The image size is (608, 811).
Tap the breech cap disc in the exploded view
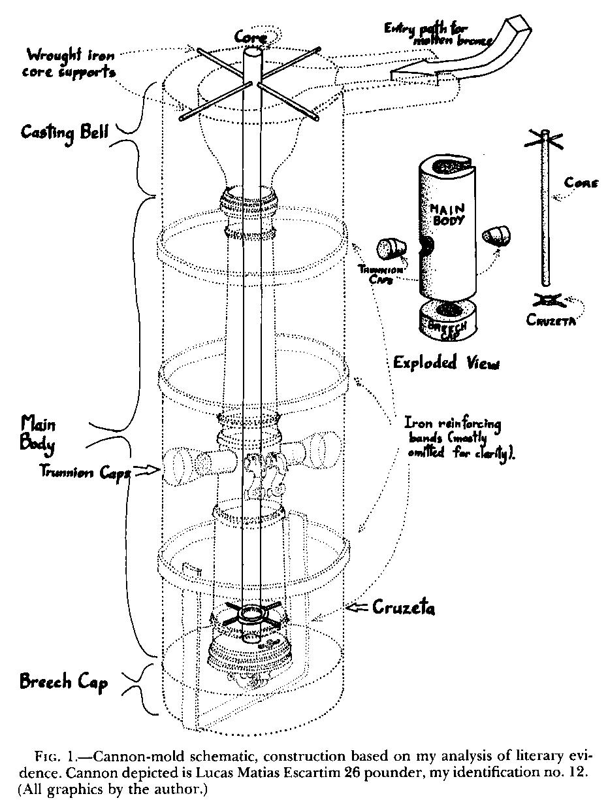pos(447,320)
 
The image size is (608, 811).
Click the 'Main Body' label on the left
pos(38,433)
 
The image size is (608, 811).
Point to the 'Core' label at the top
pos(250,39)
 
